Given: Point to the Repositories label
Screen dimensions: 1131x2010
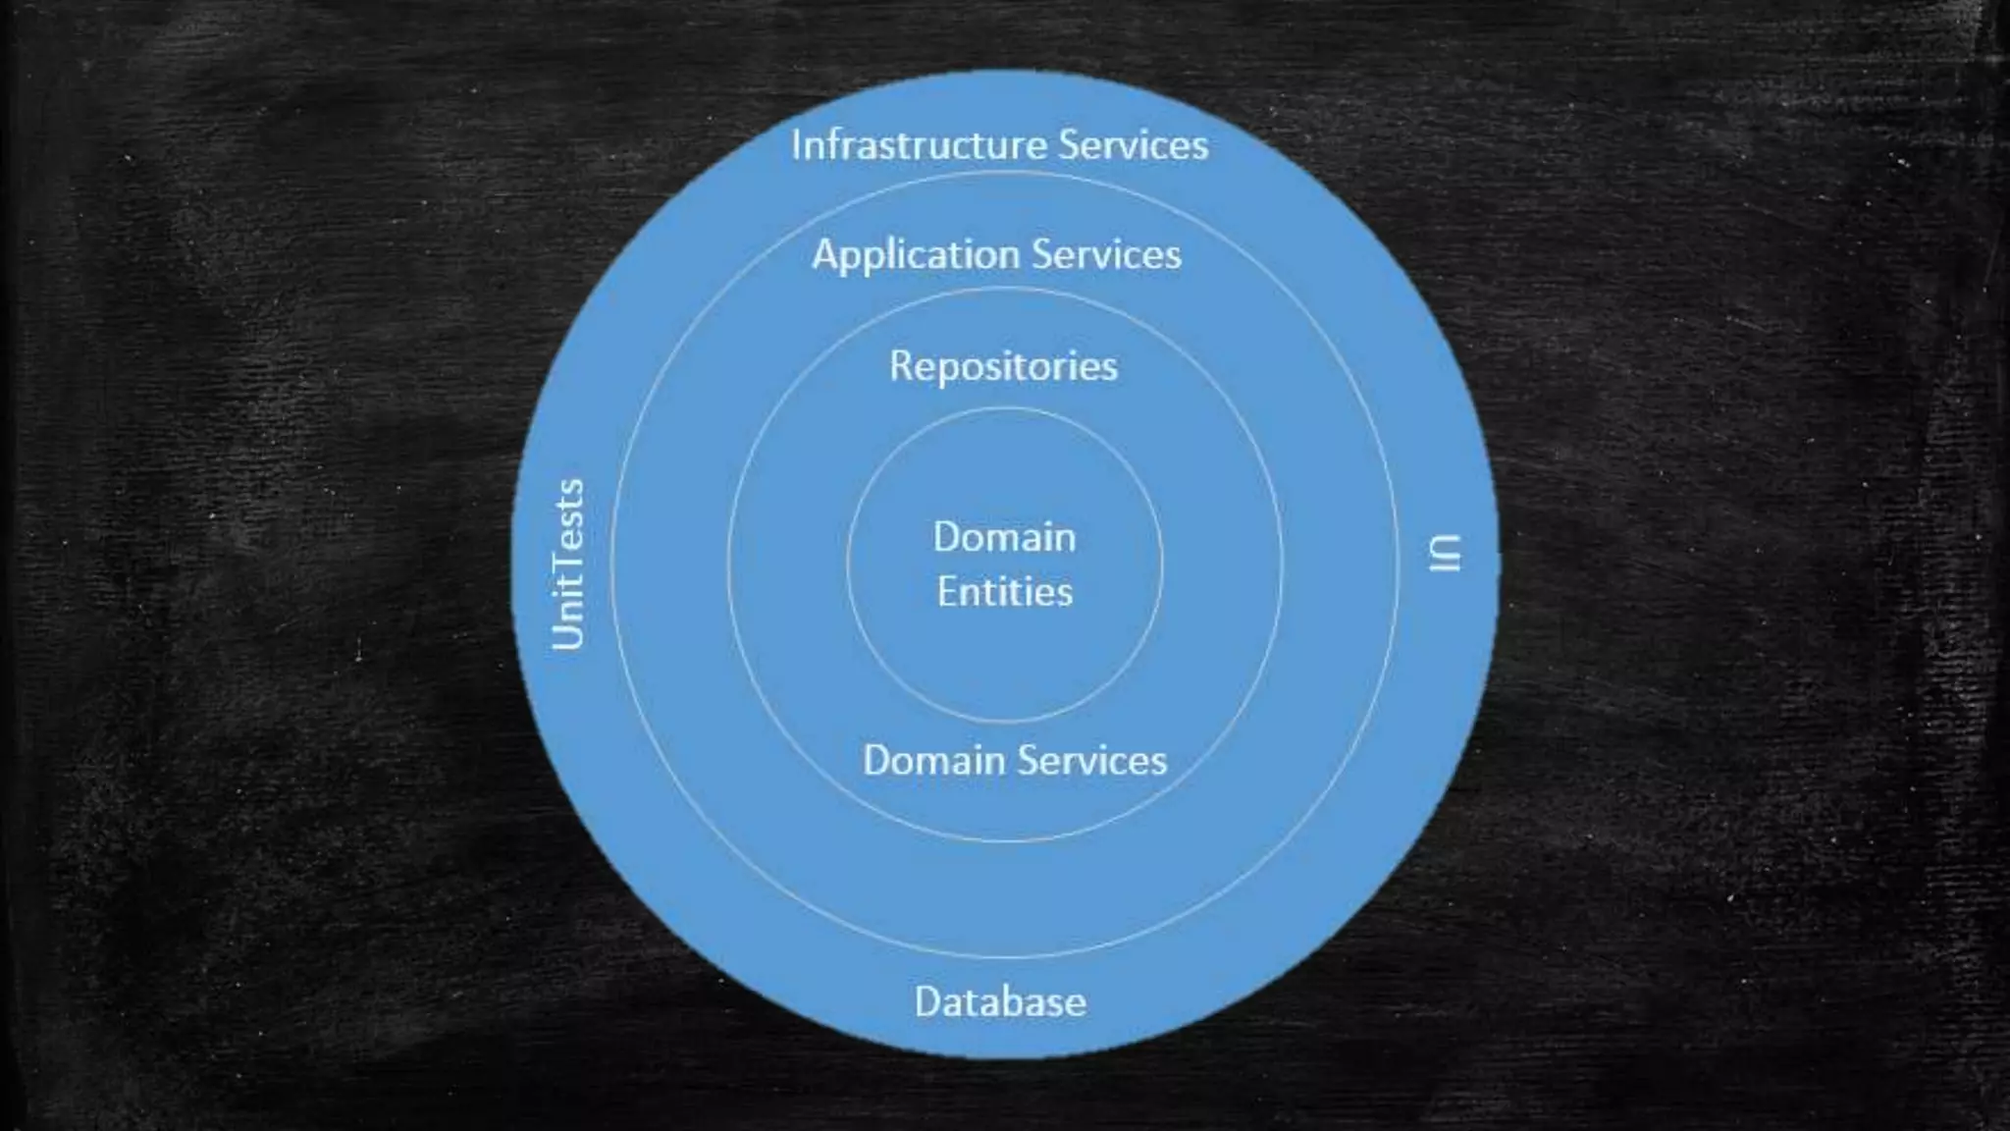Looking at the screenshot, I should [x=1003, y=366].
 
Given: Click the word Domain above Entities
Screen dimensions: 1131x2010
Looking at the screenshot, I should [x=1004, y=537].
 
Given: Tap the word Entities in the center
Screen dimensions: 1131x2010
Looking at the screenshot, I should [x=1004, y=592].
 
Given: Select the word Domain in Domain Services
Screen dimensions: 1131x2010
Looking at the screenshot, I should [x=933, y=761].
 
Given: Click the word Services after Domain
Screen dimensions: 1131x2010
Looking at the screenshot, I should [x=1091, y=761].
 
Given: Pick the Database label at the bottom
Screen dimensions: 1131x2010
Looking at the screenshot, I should [x=1000, y=1002].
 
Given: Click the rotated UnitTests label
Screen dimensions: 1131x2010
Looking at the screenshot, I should [x=568, y=565].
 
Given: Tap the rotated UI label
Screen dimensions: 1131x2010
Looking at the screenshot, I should [x=1444, y=553].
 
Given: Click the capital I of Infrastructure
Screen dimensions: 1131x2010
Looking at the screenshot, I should [x=796, y=145].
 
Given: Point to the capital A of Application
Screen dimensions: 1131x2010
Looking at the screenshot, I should [x=825, y=254].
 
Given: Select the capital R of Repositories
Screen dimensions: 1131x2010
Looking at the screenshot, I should [x=901, y=366].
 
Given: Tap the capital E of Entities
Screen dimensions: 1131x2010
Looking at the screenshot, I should [x=946, y=592].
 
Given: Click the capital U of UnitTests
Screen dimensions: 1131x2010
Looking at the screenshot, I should [x=568, y=634].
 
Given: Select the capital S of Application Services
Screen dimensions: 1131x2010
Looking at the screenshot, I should [x=1043, y=255].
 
